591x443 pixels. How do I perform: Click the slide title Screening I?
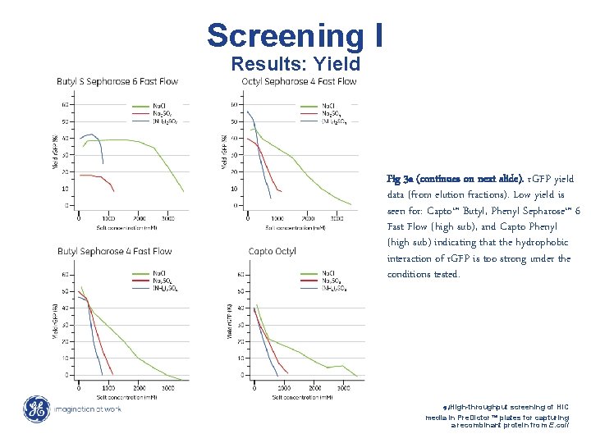[294, 35]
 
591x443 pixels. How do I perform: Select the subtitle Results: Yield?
[295, 63]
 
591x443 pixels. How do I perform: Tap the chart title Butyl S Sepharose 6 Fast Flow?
[117, 81]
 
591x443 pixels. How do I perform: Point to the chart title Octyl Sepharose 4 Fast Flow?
[299, 81]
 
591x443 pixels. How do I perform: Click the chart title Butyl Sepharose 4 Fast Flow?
[114, 251]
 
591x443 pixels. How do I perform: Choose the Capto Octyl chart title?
[272, 251]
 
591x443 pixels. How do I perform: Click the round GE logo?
[36, 409]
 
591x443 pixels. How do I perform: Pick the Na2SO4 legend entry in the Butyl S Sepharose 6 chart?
[165, 113]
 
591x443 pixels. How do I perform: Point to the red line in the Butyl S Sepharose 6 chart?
[94, 176]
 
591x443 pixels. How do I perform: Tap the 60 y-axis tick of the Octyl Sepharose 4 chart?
[234, 104]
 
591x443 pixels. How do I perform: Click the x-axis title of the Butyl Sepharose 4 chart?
[121, 396]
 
